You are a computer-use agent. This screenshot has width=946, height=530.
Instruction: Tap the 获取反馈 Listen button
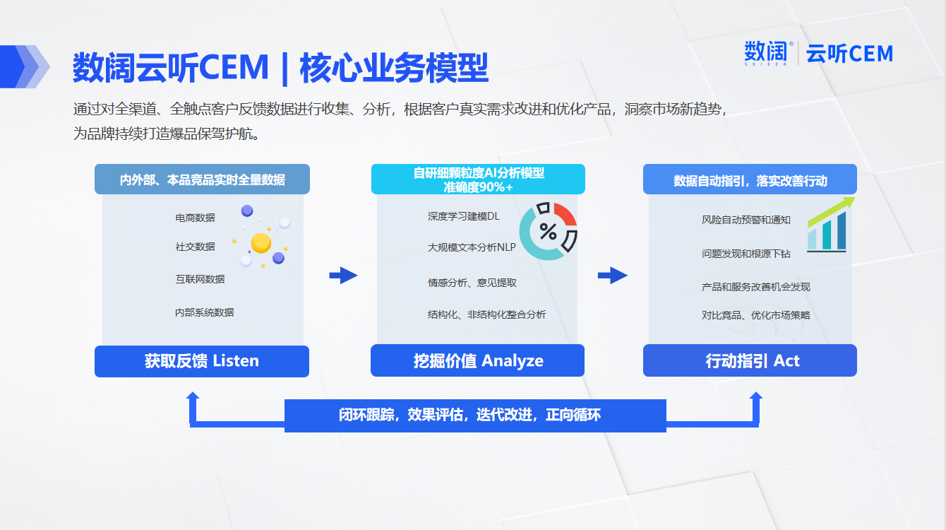coord(202,361)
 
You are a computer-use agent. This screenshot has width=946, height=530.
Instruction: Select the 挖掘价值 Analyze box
coord(478,360)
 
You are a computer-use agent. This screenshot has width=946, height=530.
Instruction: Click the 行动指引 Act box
coord(750,360)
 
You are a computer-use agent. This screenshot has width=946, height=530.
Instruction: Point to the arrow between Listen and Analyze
coord(343,276)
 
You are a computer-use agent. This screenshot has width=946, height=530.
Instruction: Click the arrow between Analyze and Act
coord(613,276)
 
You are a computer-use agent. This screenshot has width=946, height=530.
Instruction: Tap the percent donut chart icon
coord(548,231)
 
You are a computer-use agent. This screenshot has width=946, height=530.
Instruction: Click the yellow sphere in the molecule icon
coord(261,243)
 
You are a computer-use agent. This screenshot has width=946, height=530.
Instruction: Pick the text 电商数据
coord(195,218)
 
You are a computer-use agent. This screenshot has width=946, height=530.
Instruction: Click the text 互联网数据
coord(200,279)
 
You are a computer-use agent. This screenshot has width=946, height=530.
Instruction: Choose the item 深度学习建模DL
coord(463,216)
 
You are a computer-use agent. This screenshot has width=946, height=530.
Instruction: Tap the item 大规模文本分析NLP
coord(472,247)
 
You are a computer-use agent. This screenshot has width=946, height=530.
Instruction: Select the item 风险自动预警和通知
coord(746,220)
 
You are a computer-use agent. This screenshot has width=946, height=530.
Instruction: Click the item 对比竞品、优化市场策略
coord(756,315)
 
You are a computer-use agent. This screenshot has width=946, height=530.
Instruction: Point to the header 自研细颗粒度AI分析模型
coord(479,173)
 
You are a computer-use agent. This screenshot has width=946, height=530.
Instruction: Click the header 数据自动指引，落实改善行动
coord(750,181)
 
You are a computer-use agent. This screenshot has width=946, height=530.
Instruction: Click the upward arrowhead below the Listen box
coord(193,398)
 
